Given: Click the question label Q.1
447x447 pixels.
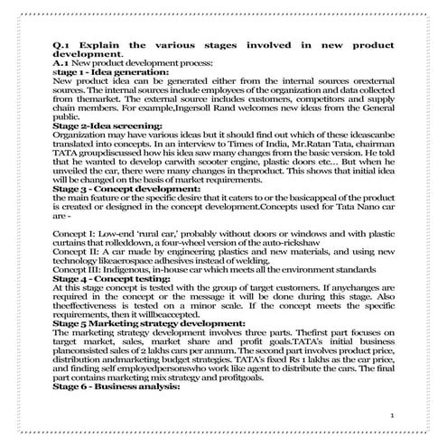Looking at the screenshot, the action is tap(63, 44).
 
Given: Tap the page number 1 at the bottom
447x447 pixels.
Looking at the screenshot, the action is tap(393, 414).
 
